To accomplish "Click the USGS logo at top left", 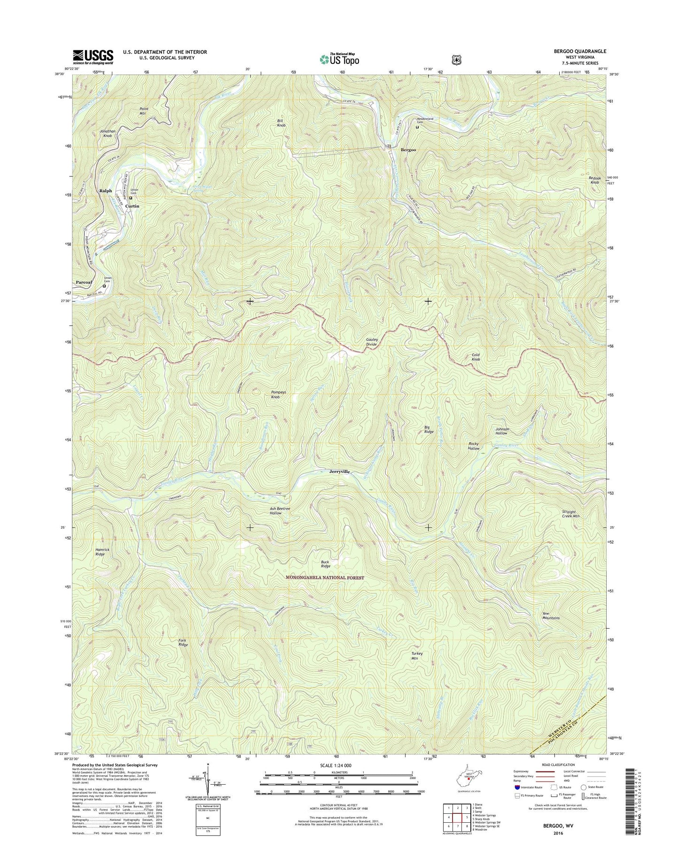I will tap(93, 56).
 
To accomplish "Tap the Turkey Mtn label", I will tap(417, 656).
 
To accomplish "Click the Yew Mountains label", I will tap(551, 616).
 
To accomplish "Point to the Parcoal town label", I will tap(84, 282).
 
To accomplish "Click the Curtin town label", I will tap(132, 206).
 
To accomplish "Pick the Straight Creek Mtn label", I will tap(571, 514).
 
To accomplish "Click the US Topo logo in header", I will tap(339, 59).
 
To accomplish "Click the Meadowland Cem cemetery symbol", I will tap(417, 126).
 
